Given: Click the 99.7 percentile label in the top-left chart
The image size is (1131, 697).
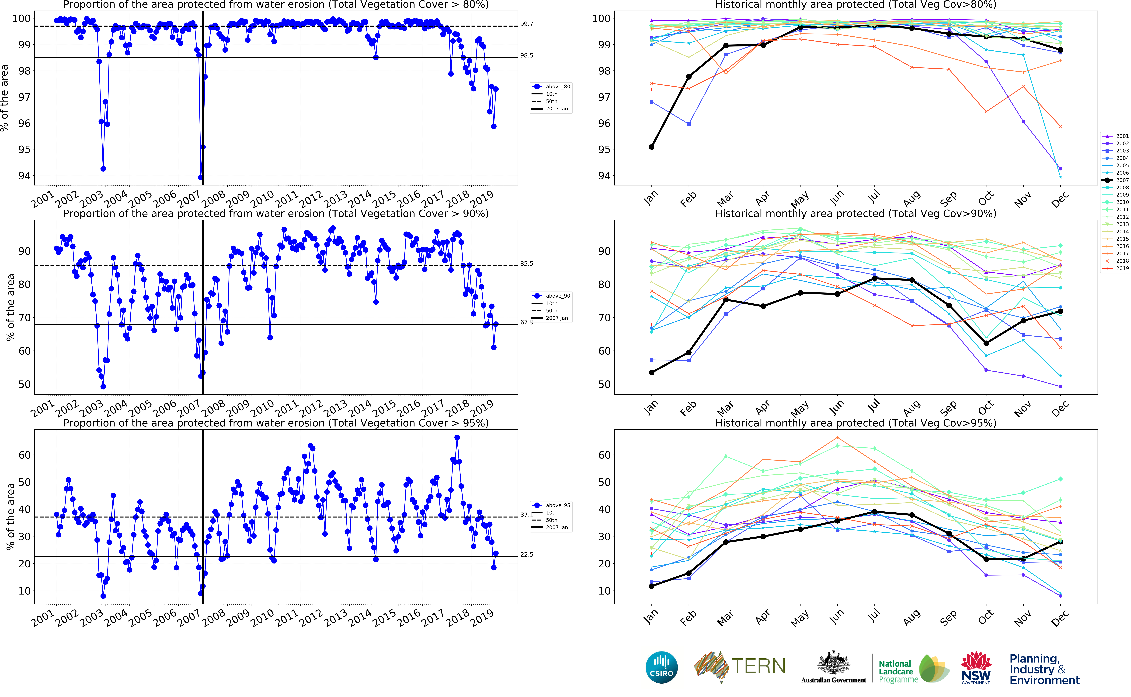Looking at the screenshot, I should tap(527, 24).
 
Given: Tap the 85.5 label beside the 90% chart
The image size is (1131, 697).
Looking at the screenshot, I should tap(527, 264).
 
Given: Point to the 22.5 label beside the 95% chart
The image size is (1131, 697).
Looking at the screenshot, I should tap(527, 555).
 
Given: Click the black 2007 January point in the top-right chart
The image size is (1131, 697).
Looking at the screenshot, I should tap(651, 147).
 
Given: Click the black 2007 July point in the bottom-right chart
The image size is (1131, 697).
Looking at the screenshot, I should tap(874, 512).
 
